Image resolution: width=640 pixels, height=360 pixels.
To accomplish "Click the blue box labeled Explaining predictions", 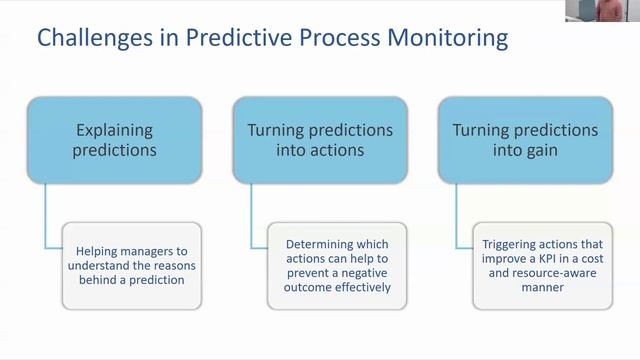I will pos(114,140).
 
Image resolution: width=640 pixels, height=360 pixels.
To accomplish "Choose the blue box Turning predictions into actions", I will pos(319,140).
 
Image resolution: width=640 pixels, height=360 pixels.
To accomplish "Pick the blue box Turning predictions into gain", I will pos(524,140).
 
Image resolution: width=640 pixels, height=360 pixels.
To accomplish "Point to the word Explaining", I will pos(114,130).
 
